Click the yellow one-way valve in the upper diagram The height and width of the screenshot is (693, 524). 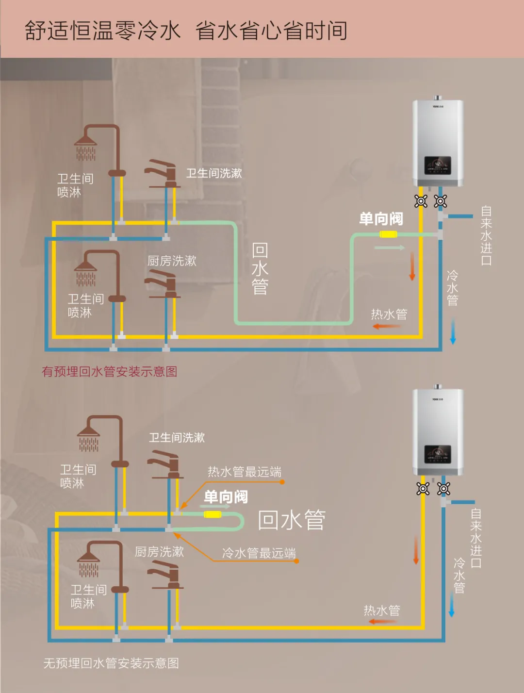tap(388, 234)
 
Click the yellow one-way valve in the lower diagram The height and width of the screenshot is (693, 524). tap(213, 514)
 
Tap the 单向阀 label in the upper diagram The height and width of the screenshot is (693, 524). tap(381, 219)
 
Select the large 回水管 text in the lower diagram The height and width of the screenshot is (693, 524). tap(292, 520)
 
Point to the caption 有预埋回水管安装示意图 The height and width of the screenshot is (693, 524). tap(109, 372)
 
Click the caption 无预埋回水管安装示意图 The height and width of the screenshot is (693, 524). tap(111, 663)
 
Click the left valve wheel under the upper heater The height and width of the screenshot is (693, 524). tap(421, 201)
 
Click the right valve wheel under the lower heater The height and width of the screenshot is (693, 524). tap(443, 489)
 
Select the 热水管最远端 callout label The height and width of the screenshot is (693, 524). tap(244, 472)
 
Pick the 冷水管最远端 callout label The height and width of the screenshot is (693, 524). tap(259, 553)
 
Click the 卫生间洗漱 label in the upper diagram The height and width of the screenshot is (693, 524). tap(214, 173)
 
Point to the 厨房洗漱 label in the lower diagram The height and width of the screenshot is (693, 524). tap(159, 552)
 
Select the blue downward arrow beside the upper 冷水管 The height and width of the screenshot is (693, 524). tap(453, 331)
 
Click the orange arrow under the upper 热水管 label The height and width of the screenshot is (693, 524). tap(387, 327)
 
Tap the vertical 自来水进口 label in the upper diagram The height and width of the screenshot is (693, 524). tap(486, 235)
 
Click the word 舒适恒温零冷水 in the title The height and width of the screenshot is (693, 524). tap(102, 30)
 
